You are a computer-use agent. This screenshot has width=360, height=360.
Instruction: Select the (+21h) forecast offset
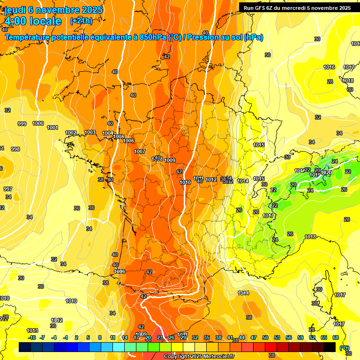click(81, 21)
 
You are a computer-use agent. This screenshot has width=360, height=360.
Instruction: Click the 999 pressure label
click(22, 124)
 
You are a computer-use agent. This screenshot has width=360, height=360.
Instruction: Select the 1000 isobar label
click(38, 123)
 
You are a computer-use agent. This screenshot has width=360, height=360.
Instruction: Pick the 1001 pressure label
click(52, 127)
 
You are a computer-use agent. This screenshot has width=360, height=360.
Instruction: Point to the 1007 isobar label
click(140, 151)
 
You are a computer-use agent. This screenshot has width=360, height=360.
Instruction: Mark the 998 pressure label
click(15, 149)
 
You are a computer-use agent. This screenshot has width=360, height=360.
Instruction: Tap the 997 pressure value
click(8, 189)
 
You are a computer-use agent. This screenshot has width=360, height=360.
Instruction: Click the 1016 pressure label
click(329, 67)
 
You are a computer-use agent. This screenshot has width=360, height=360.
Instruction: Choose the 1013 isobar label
click(32, 330)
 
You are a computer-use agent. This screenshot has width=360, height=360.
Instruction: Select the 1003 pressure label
click(90, 133)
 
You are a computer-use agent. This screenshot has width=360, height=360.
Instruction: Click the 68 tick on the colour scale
click(336, 337)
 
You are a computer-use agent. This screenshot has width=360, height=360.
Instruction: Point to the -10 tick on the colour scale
click(32, 337)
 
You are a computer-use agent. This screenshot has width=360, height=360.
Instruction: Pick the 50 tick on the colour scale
click(265, 337)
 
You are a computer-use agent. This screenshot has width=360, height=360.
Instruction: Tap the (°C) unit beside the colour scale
click(344, 347)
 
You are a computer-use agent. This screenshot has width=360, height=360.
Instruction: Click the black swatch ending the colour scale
click(330, 347)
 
